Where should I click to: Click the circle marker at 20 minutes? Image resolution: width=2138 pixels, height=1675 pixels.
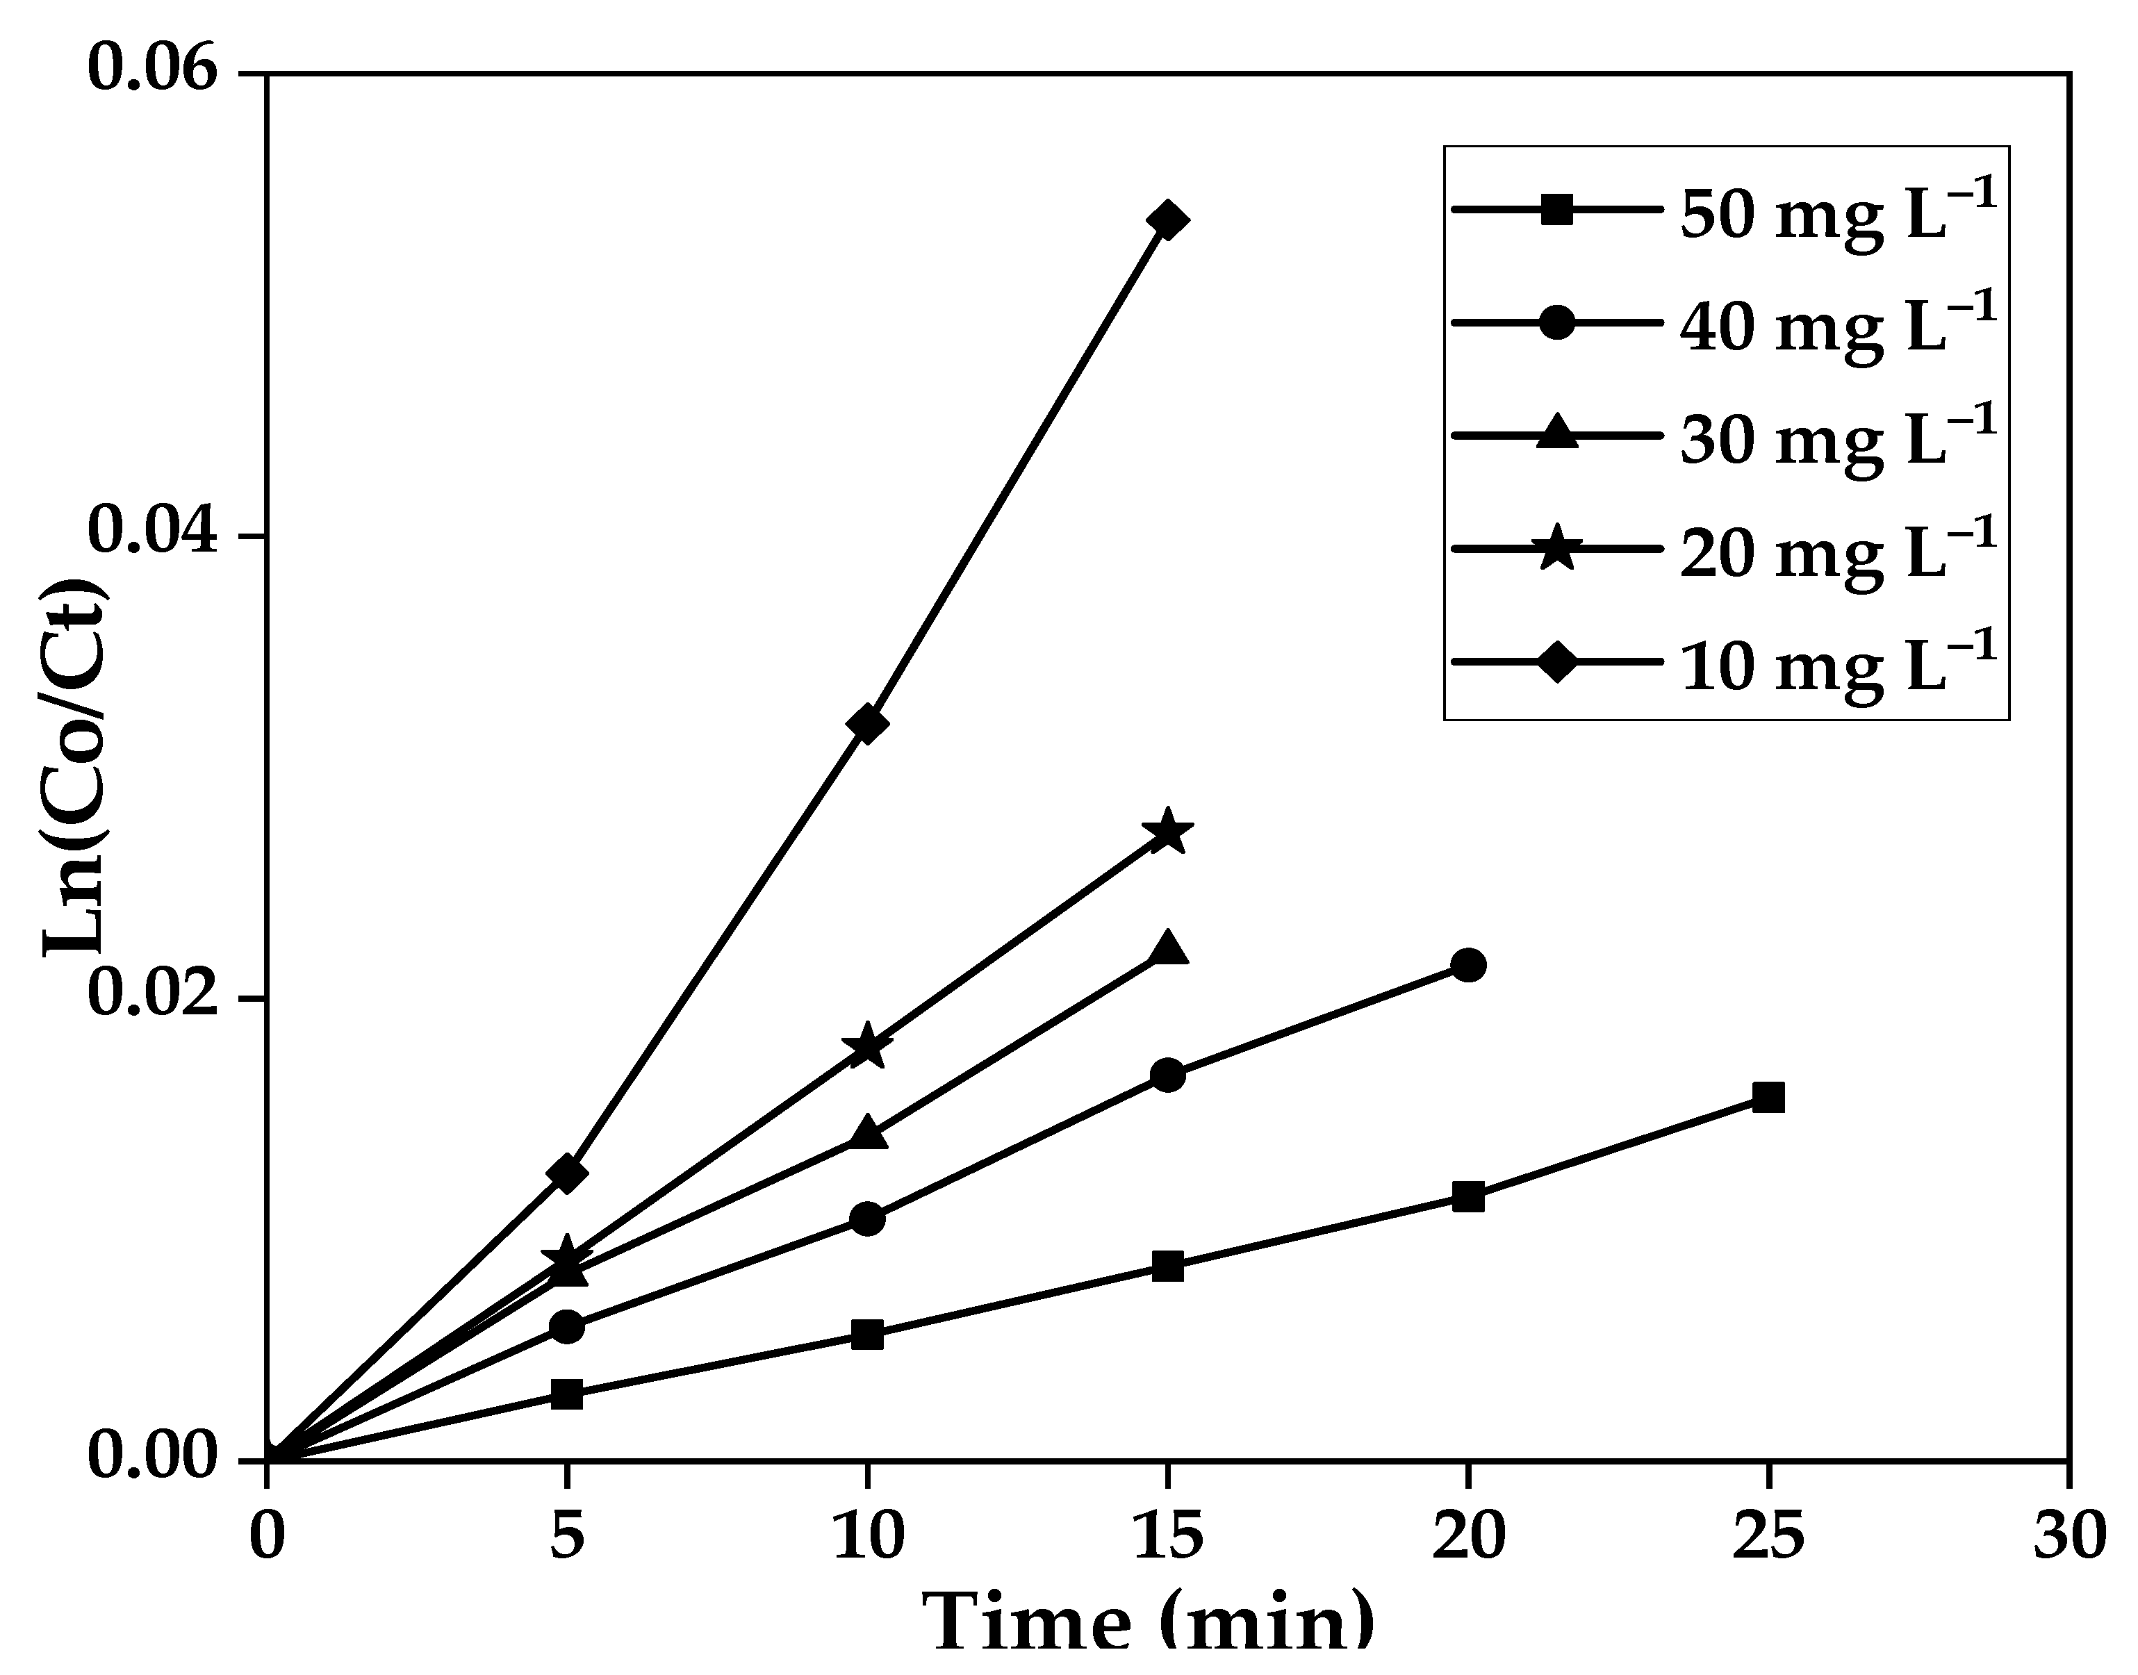click(x=1467, y=965)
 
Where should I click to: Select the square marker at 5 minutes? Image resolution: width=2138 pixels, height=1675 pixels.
click(x=567, y=1394)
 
